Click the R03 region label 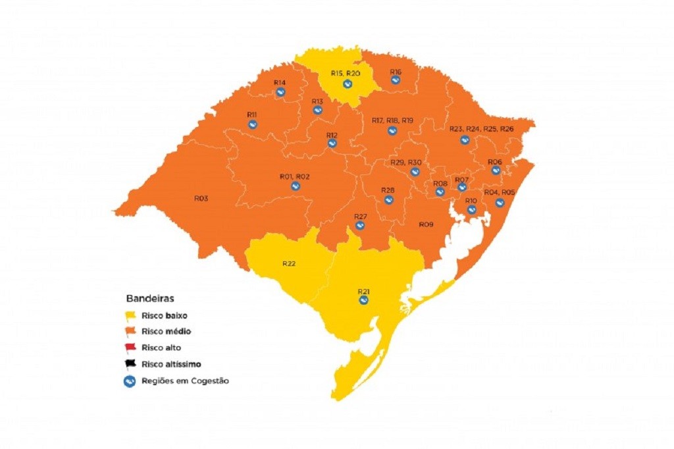click(201, 198)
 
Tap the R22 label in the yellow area click(289, 263)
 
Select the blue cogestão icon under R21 click(363, 300)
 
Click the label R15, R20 click(345, 73)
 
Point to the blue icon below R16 click(396, 80)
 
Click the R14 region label click(280, 82)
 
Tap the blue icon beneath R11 click(252, 124)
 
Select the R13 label click(317, 101)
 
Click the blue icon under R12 click(332, 143)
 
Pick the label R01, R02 click(294, 176)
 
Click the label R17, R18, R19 click(392, 120)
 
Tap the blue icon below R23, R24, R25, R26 click(465, 140)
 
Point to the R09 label click(426, 224)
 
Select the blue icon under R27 click(360, 226)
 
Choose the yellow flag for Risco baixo click(131, 315)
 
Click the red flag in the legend click(131, 348)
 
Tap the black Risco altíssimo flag click(131, 364)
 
